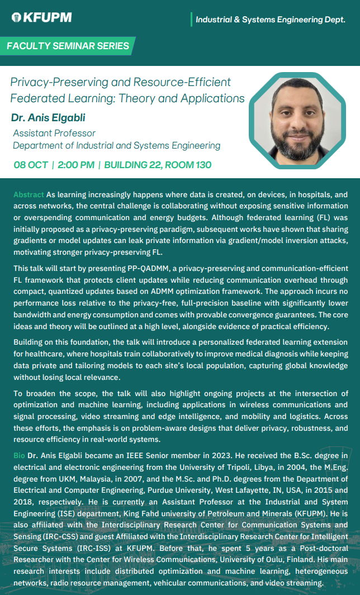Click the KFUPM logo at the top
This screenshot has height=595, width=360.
pyautogui.click(x=41, y=17)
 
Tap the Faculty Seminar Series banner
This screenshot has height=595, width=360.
pyautogui.click(x=68, y=46)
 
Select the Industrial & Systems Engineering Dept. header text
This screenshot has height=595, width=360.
pyautogui.click(x=270, y=20)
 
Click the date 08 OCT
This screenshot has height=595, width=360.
pyautogui.click(x=31, y=165)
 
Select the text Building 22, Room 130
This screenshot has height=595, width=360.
pyautogui.click(x=158, y=165)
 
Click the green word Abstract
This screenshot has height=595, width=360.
pyautogui.click(x=29, y=194)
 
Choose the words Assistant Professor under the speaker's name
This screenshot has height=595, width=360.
pyautogui.click(x=54, y=133)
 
